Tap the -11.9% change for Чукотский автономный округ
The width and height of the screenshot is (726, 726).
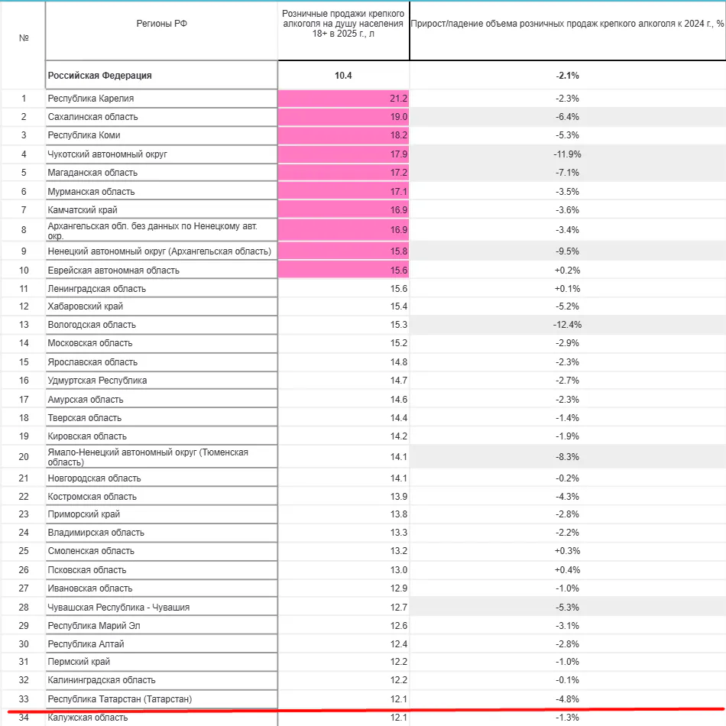567,154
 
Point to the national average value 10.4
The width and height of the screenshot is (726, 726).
344,76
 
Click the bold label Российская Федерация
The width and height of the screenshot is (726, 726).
100,76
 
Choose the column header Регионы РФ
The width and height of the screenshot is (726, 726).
161,24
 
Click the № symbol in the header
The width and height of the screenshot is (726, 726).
24,36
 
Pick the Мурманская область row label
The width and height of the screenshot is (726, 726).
91,191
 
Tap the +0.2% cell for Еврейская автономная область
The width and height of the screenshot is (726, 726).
567,271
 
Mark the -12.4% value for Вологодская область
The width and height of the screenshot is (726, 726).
567,325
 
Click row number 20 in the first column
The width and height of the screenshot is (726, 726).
24,457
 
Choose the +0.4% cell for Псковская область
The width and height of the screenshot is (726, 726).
567,570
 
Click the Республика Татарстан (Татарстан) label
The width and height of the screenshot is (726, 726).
119,699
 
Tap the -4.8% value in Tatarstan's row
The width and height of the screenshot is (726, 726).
567,699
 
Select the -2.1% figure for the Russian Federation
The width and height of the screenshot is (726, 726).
567,76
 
